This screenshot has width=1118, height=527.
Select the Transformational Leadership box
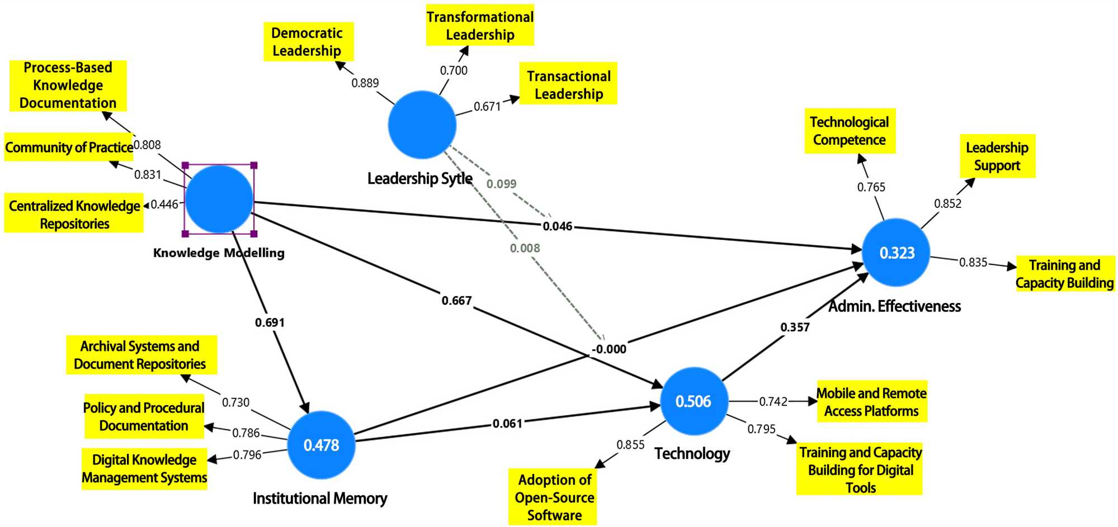[x=480, y=26]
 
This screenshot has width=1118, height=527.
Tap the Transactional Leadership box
[x=568, y=84]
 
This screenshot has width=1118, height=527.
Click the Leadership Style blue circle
[x=422, y=125]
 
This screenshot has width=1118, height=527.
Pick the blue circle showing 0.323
[x=896, y=253]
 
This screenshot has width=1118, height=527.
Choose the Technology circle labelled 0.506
[x=694, y=401]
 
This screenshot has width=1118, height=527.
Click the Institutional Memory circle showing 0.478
[x=321, y=445]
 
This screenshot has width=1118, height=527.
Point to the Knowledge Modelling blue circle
[x=219, y=200]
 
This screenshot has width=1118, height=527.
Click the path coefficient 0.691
[x=270, y=322]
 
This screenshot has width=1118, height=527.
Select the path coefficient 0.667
[x=456, y=301]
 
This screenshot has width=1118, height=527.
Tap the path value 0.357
[x=795, y=327]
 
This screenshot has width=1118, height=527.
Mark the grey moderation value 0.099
[x=501, y=184]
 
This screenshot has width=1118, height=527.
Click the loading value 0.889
[x=365, y=83]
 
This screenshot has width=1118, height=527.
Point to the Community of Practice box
[x=69, y=148]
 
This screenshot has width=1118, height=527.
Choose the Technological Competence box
[x=850, y=131]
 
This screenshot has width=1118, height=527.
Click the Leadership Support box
[x=997, y=156]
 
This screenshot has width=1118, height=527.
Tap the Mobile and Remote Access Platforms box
[x=871, y=402]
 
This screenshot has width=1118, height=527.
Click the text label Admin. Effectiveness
[x=894, y=306]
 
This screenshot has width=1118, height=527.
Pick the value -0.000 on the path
[x=610, y=349]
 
